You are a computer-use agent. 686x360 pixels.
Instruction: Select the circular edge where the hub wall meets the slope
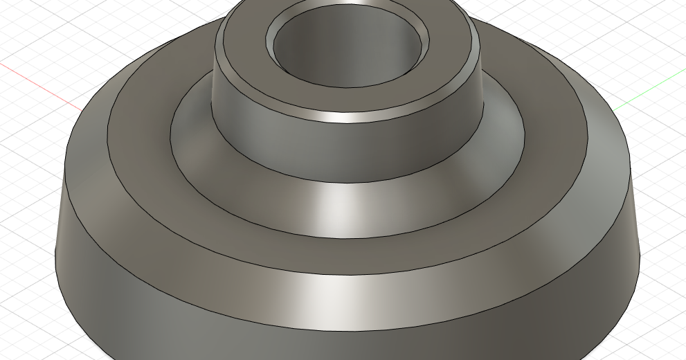[x=346, y=183]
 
